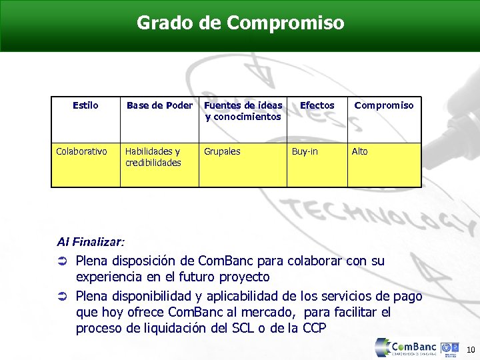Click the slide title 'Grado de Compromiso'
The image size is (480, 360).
241,23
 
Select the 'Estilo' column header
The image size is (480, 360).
85,105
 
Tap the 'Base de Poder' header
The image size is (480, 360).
159,105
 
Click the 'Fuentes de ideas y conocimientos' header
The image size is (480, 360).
243,111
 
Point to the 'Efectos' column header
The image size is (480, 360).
317,105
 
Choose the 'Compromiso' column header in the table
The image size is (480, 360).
384,105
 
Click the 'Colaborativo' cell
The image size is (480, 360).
81,151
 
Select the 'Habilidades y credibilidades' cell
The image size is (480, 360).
153,157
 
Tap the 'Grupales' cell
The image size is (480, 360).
222,151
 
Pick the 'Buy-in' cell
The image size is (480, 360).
305,151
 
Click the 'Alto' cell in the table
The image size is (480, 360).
359,151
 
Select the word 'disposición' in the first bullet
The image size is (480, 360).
143,261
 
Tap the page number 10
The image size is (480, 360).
469,349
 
